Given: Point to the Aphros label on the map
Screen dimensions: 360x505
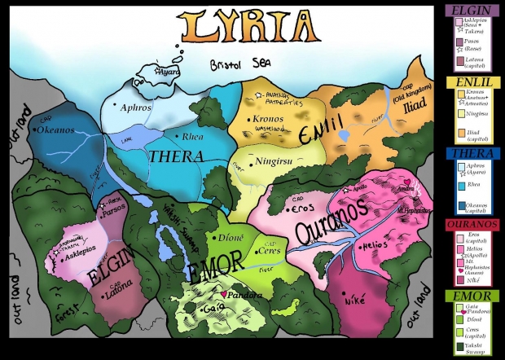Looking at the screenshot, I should (136, 107).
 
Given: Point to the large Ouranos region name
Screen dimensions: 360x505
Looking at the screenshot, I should (326, 224).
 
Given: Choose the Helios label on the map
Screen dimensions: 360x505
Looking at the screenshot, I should (375, 244).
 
